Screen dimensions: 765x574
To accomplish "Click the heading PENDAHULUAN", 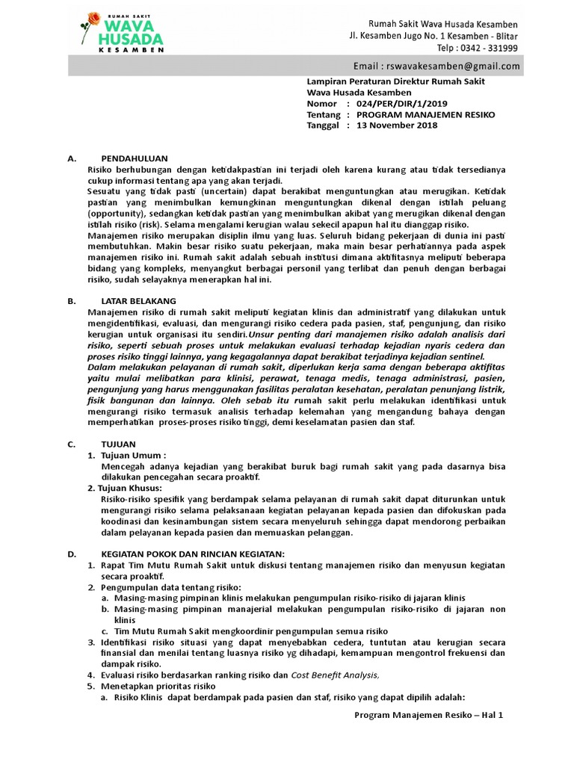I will (135, 158).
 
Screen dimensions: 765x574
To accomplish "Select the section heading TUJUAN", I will (117, 444).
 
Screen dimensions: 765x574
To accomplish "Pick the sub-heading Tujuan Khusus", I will (131, 488).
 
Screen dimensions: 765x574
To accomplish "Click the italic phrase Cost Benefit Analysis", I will (335, 675).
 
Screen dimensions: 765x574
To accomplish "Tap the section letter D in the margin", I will (71, 554).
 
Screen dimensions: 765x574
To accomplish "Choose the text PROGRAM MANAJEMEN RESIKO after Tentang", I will (425, 114).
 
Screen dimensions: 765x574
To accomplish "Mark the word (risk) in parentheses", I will (148, 224).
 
